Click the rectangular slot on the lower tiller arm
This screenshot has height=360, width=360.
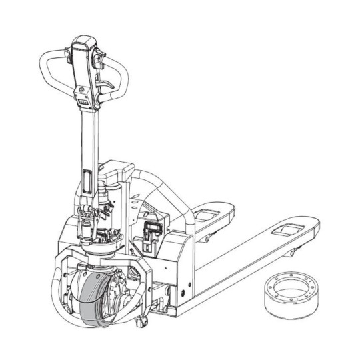coord(87,180)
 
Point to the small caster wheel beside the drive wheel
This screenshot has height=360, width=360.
coord(142,324)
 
